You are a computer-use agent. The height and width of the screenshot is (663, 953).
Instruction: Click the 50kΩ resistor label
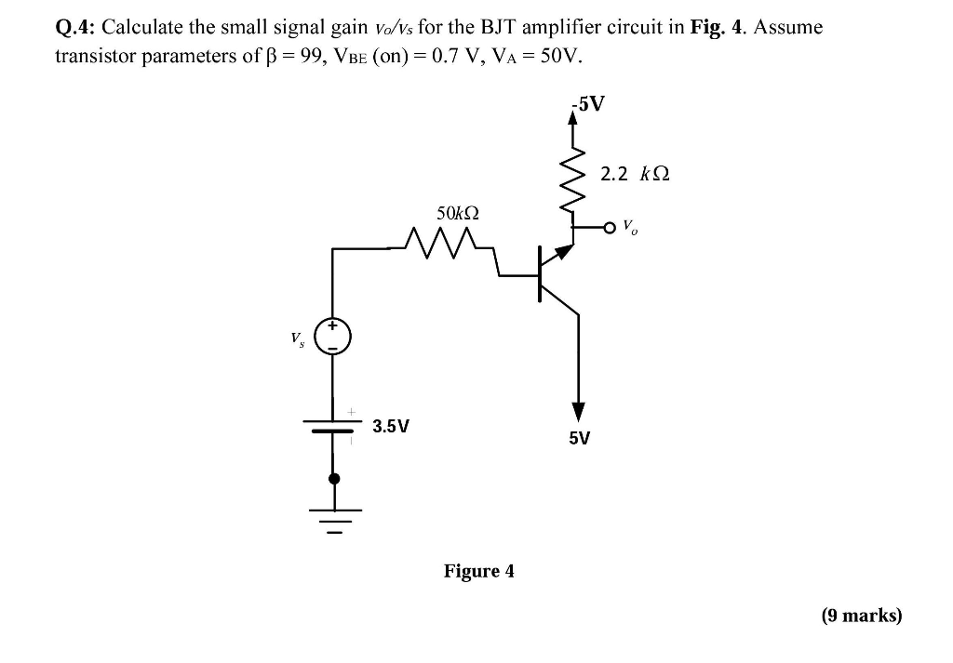coord(457,213)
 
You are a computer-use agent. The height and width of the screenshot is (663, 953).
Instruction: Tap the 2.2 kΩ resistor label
coord(636,173)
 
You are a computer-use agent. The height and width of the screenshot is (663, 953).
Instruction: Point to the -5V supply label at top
coord(588,103)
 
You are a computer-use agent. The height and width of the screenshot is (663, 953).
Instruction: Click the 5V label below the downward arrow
coord(579,437)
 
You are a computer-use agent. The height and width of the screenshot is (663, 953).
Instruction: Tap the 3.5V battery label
coord(390,427)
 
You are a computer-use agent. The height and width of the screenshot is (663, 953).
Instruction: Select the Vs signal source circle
coord(333,337)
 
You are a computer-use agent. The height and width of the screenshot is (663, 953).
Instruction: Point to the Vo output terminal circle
coord(611,226)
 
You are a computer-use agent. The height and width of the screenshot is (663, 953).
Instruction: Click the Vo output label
coord(630,225)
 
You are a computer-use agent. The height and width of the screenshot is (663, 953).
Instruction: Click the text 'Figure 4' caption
coord(478,570)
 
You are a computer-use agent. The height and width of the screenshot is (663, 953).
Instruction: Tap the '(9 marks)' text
coord(862,615)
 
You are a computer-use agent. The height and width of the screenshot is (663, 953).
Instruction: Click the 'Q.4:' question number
coord(75,27)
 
